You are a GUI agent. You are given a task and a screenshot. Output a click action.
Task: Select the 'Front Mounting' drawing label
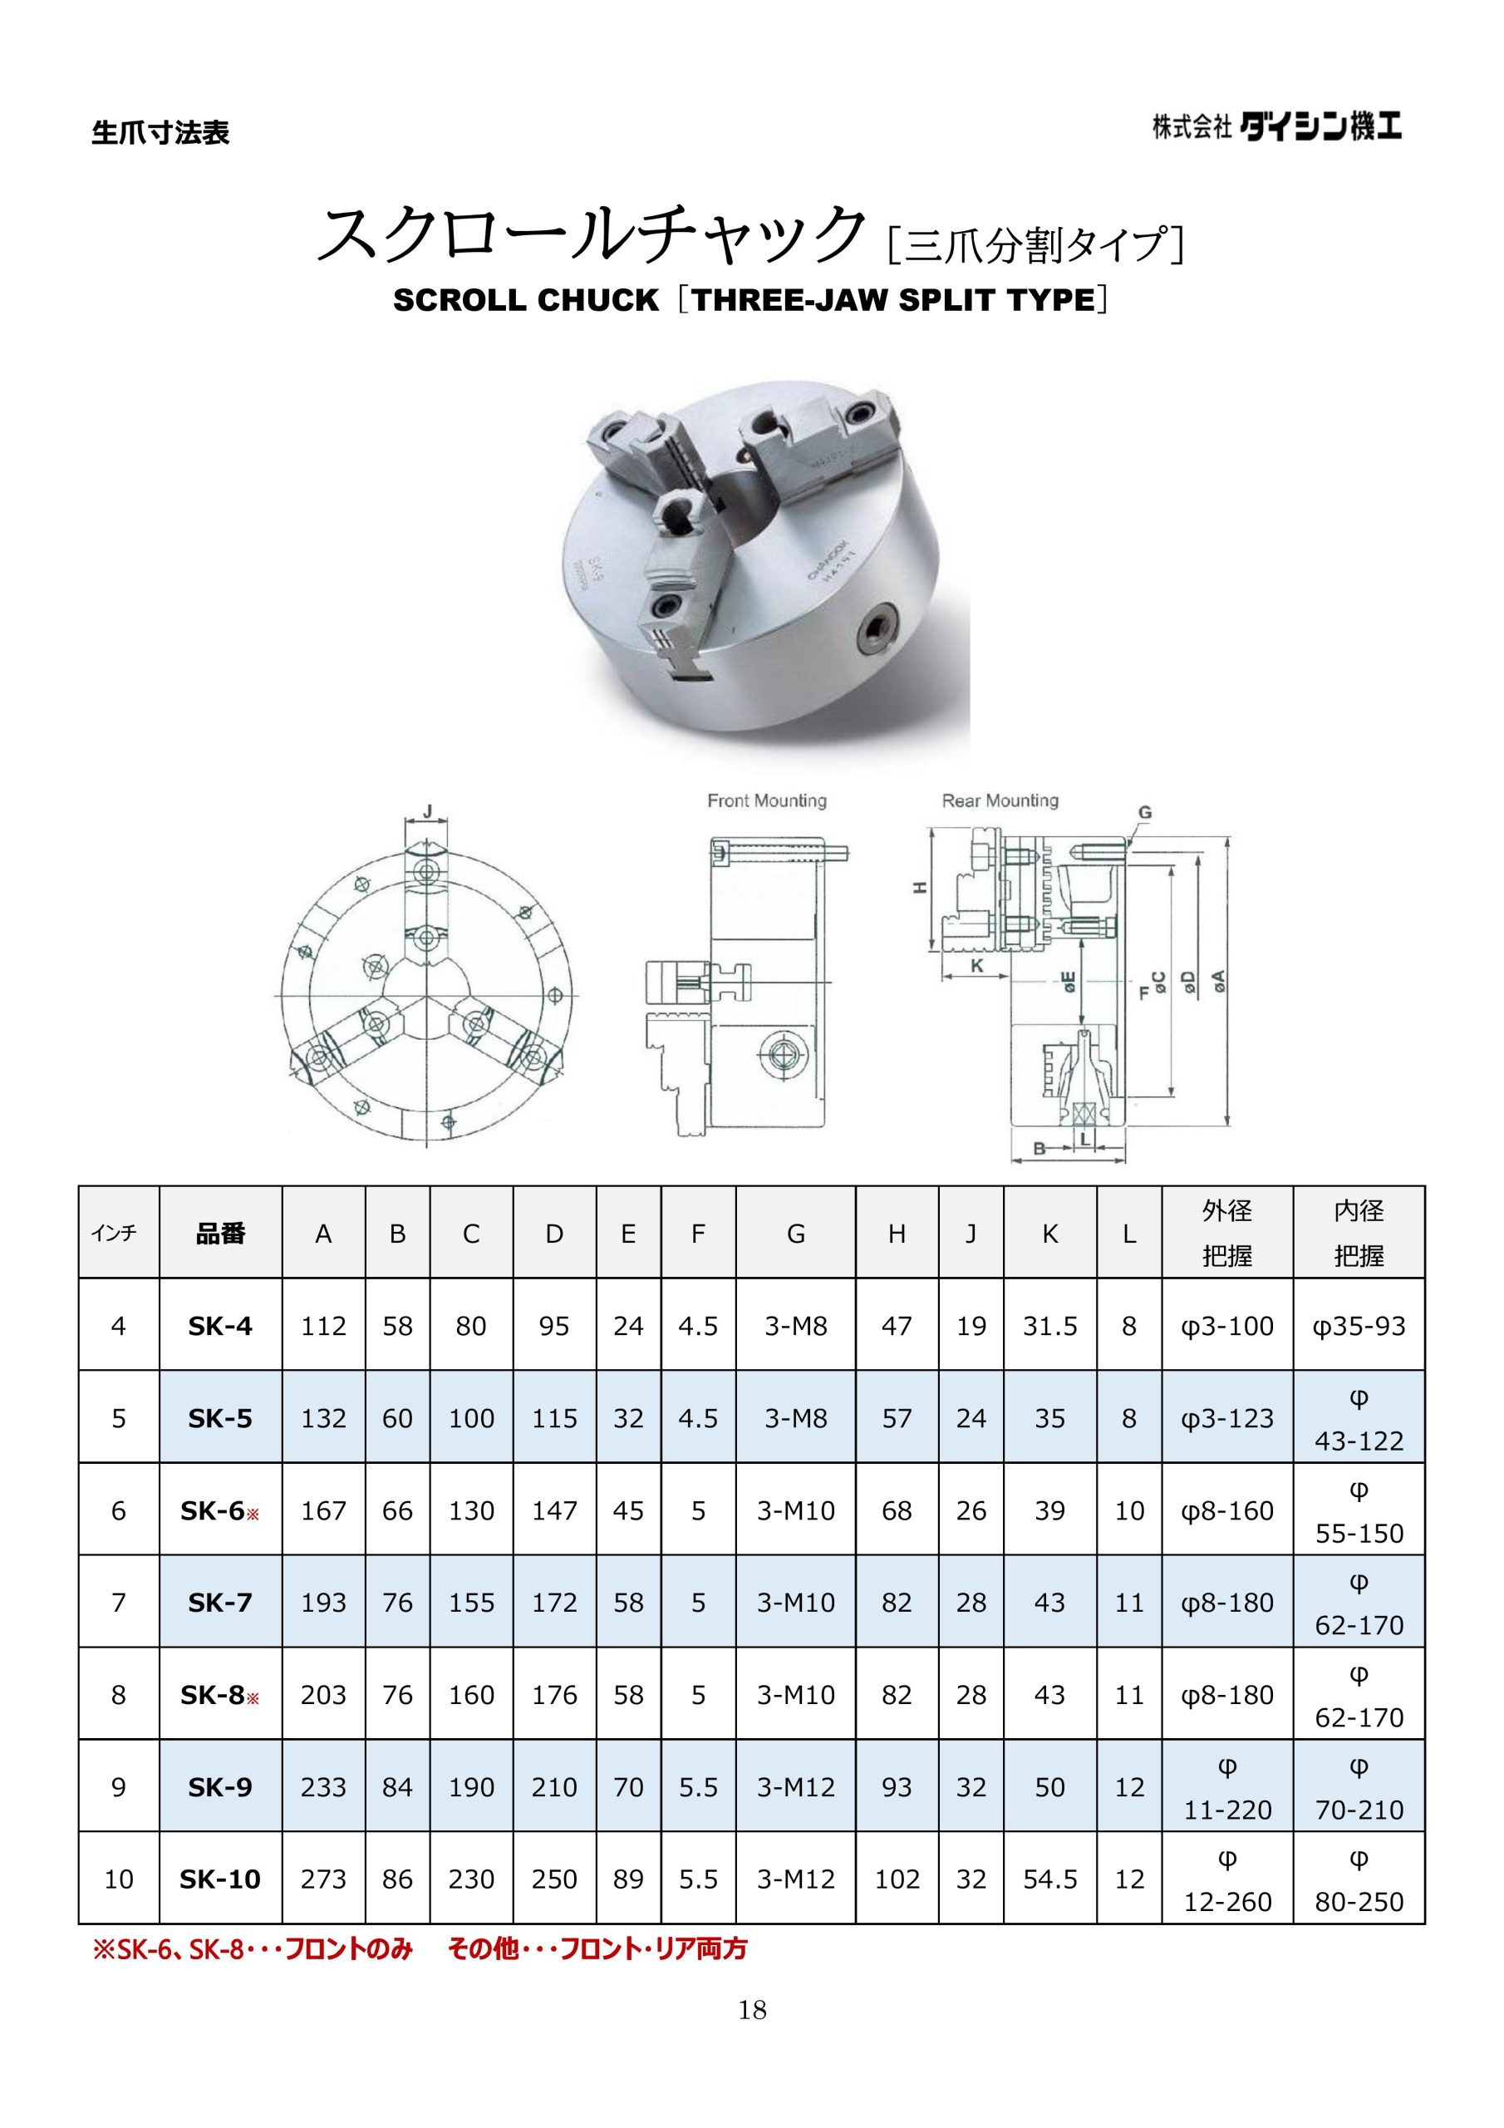point(766,800)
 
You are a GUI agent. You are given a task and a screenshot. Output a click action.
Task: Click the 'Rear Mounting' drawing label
point(1000,800)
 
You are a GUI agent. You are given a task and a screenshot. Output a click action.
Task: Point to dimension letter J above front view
point(427,812)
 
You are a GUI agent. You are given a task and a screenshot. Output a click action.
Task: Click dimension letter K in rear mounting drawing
point(976,966)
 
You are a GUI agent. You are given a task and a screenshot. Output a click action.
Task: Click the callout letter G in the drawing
point(1145,813)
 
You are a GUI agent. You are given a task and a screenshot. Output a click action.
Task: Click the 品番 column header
point(220,1234)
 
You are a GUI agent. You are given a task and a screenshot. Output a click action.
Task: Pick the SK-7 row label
point(220,1603)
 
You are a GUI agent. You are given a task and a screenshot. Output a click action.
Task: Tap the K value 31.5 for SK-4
point(1050,1327)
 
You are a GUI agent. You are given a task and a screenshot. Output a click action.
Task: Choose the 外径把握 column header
point(1227,1233)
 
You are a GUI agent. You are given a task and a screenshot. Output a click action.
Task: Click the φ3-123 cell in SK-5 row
point(1227,1419)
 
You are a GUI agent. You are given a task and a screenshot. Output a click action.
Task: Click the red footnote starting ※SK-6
point(419,1949)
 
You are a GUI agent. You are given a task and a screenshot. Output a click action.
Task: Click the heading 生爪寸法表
point(160,134)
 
